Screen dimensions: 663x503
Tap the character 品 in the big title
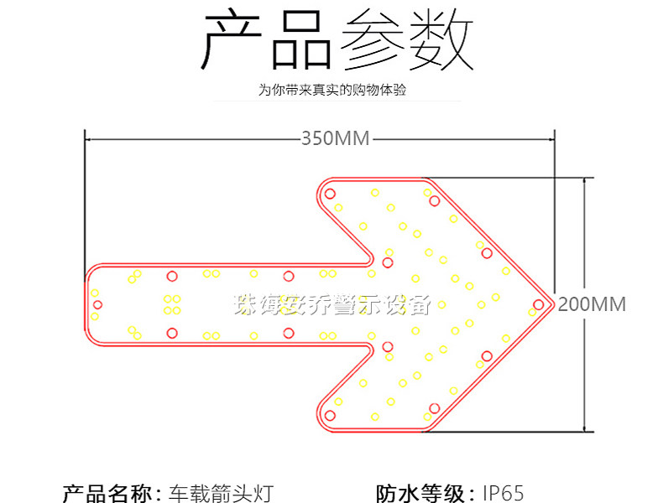(301, 40)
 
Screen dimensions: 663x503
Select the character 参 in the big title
(372, 40)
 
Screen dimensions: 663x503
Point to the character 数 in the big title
(441, 40)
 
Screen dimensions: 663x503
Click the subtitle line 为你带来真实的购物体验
(332, 90)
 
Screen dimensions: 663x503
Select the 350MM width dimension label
(336, 138)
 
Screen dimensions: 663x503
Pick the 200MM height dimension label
(592, 304)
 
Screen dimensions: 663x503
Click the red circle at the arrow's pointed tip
(538, 304)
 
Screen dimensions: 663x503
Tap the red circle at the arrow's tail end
(97, 304)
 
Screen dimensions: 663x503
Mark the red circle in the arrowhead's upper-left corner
(330, 194)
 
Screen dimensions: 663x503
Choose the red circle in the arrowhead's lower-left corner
(330, 416)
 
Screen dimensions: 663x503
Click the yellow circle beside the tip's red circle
(532, 312)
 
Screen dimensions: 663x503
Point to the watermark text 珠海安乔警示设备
(332, 304)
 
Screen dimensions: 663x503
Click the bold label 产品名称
(107, 493)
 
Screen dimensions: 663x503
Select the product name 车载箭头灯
(222, 493)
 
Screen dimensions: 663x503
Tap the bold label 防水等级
(420, 493)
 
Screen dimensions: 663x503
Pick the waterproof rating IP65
(504, 493)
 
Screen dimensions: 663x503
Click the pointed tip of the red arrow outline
(554, 304)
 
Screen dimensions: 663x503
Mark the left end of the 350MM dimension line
(86, 138)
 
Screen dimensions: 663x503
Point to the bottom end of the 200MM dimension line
(585, 432)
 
